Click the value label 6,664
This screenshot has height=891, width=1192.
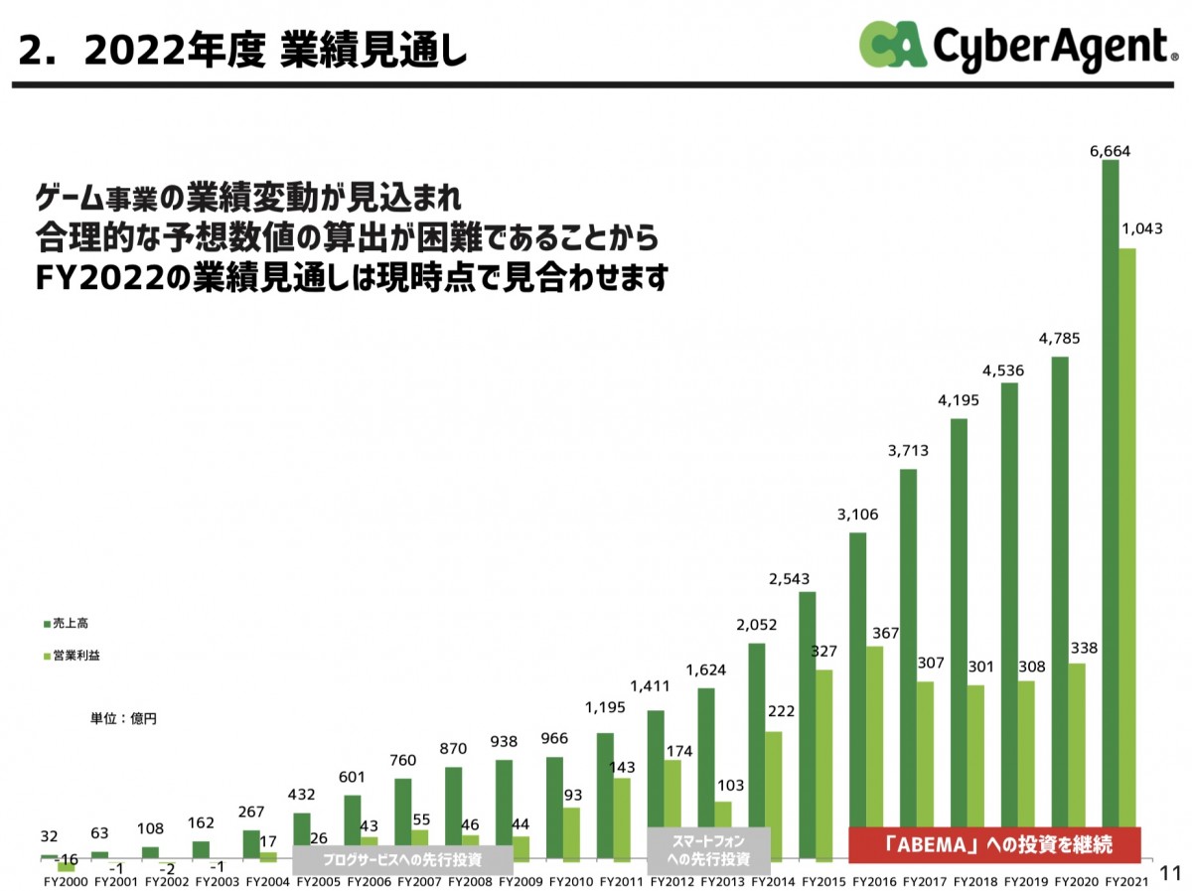(1110, 151)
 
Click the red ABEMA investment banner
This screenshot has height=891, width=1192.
(993, 844)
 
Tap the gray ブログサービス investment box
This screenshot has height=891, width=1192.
(402, 859)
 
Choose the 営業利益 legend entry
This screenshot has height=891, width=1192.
(76, 657)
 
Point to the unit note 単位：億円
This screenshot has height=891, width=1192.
(123, 718)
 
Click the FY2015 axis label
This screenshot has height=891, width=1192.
(823, 880)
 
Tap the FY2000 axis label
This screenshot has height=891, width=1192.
(66, 880)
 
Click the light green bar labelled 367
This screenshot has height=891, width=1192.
(874, 735)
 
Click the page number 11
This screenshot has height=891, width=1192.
(1169, 873)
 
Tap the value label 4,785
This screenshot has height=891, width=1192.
(1059, 338)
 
